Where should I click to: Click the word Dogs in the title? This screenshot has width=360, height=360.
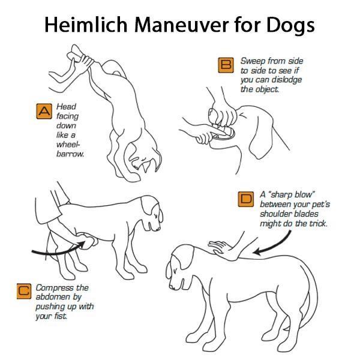(288, 26)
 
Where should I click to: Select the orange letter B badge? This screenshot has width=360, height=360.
(226, 65)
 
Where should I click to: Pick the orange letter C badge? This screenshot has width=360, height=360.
(23, 292)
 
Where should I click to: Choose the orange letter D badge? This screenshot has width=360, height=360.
(245, 200)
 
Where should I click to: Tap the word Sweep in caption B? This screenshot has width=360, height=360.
(253, 61)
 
